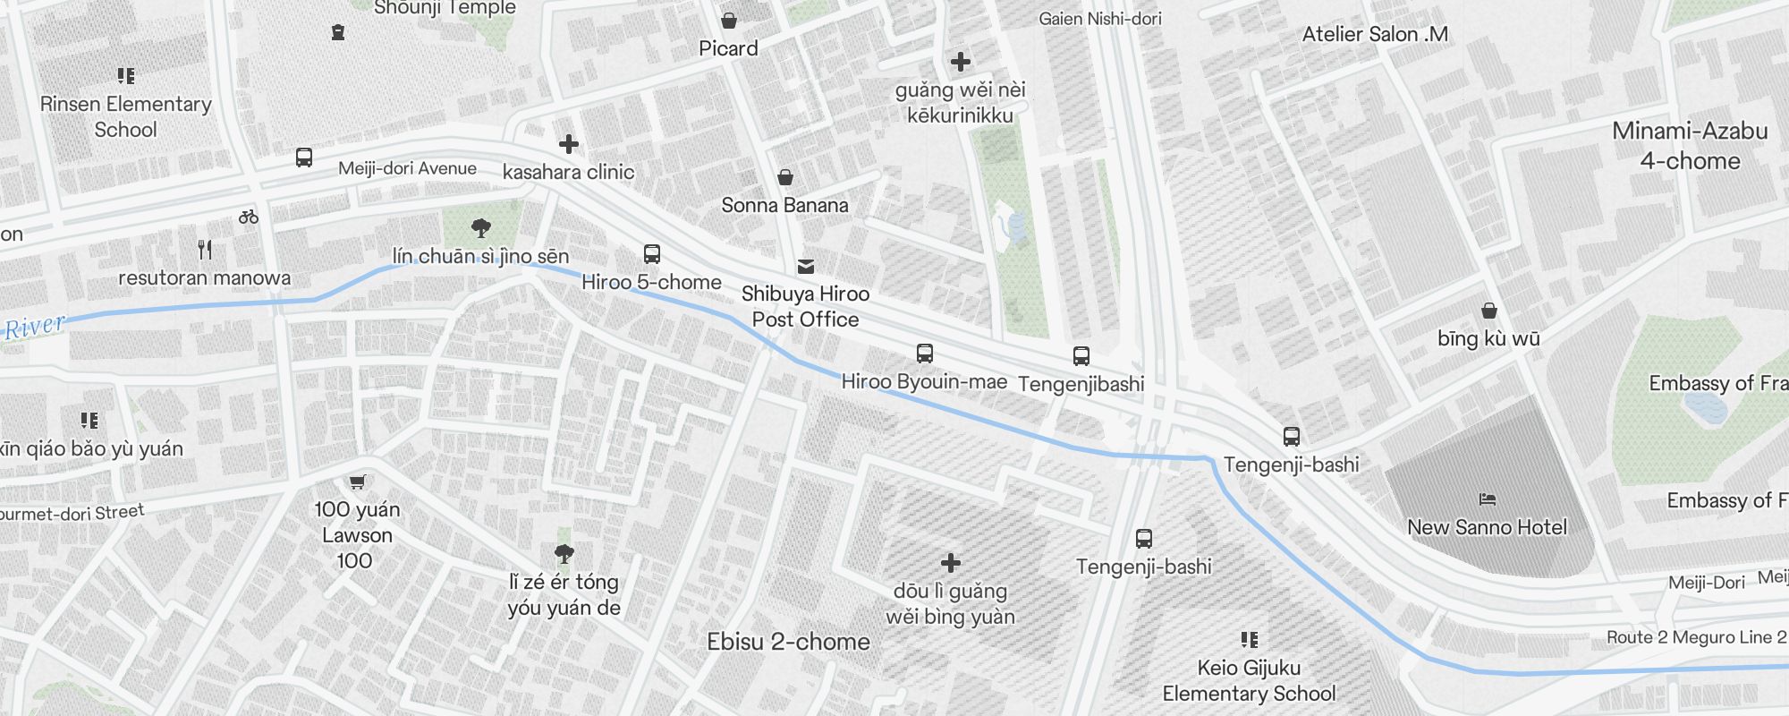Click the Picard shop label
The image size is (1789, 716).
(x=728, y=48)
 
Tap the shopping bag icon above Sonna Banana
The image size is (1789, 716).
(x=784, y=177)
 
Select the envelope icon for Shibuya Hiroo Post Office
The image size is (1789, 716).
(x=805, y=266)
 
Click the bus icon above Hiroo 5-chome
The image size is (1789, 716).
(x=652, y=253)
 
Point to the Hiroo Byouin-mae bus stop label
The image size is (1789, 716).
(x=924, y=381)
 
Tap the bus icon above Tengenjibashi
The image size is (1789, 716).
(x=1081, y=356)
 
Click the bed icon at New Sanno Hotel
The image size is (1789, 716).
(x=1487, y=499)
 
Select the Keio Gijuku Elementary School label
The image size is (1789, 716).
(x=1249, y=680)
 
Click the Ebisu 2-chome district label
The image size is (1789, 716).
(x=788, y=642)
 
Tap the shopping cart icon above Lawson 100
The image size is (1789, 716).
(x=357, y=482)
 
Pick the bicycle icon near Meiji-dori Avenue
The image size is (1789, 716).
(x=249, y=217)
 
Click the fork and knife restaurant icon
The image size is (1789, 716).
(x=205, y=250)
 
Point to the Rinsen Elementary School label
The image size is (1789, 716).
(x=125, y=116)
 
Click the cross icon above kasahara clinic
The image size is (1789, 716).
(x=568, y=144)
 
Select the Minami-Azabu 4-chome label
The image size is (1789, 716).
(x=1690, y=146)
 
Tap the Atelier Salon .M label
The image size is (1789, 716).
(x=1375, y=34)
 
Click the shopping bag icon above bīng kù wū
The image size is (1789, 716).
(x=1488, y=311)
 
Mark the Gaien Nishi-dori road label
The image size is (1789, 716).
(x=1100, y=18)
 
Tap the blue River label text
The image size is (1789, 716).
(x=34, y=327)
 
